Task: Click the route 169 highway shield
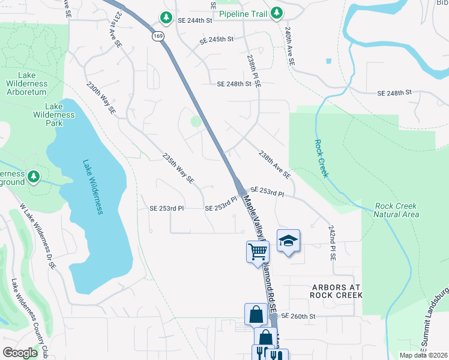pyautogui.click(x=157, y=36)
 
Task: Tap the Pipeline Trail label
pyautogui.click(x=243, y=13)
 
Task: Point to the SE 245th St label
pyautogui.click(x=216, y=40)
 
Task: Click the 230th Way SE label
pyautogui.click(x=101, y=98)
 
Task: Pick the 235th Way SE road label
pyautogui.click(x=178, y=167)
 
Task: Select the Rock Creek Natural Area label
pyautogui.click(x=396, y=210)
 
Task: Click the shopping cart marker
pyautogui.click(x=258, y=251)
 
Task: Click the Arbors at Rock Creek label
pyautogui.click(x=336, y=291)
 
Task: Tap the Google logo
pyautogui.click(x=20, y=352)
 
